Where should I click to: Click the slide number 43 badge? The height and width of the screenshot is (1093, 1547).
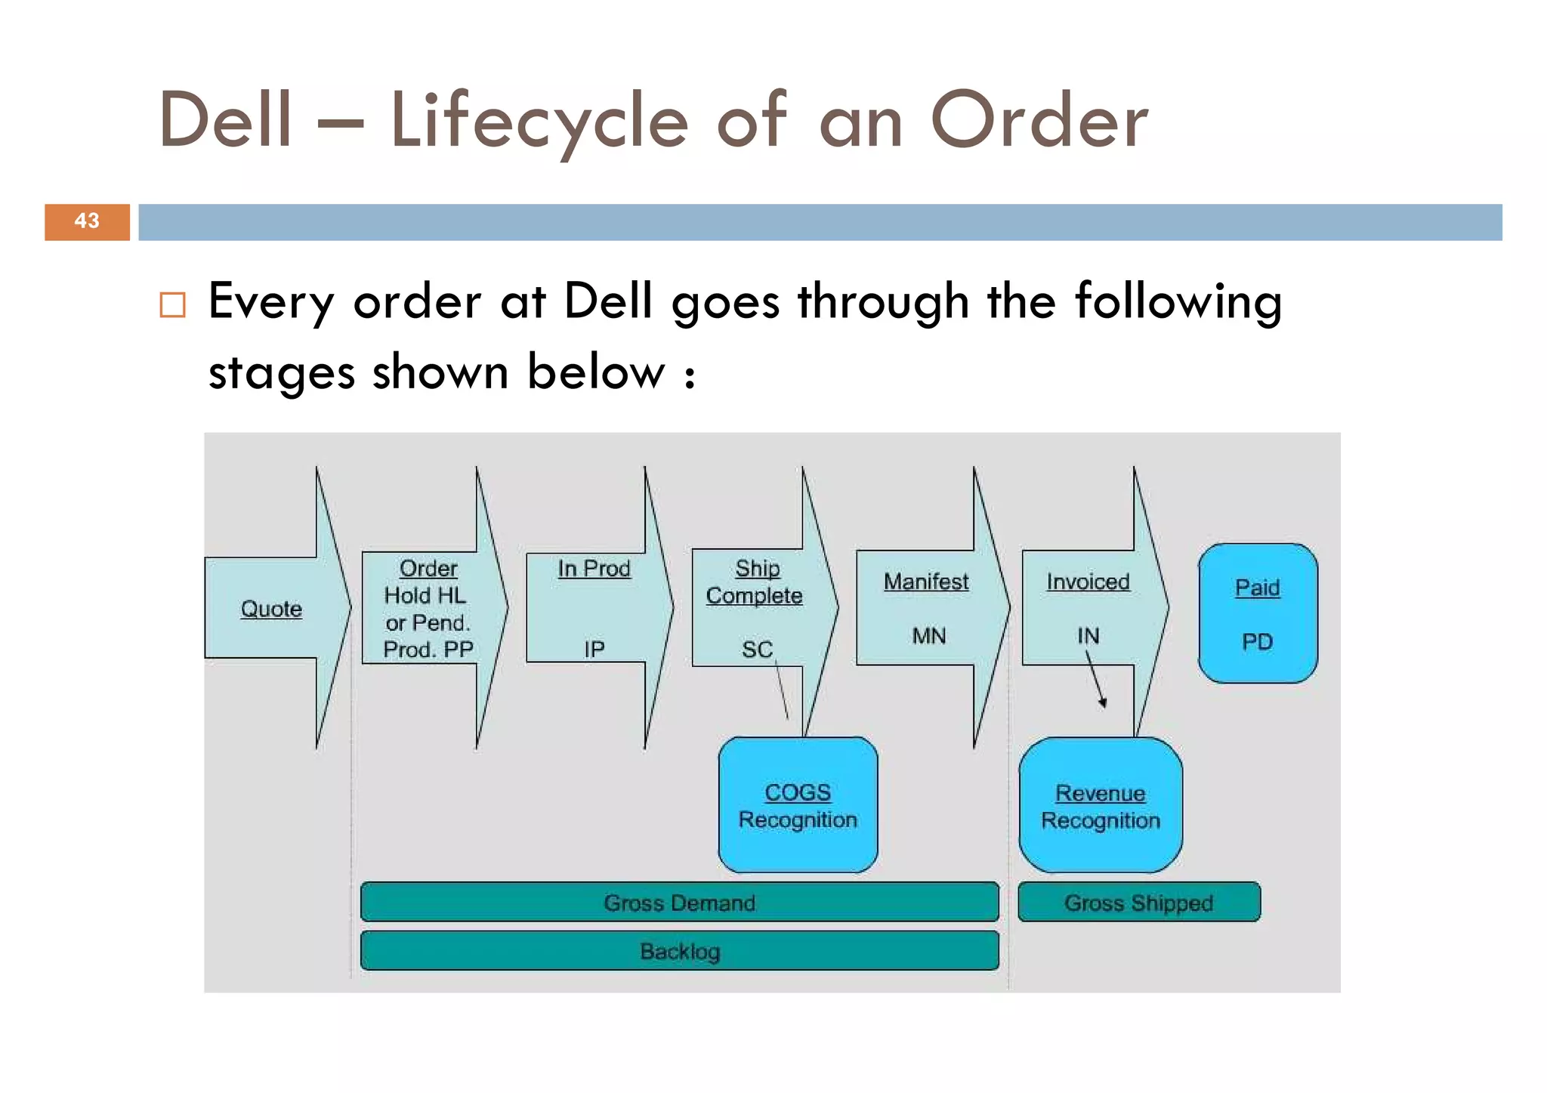(x=87, y=221)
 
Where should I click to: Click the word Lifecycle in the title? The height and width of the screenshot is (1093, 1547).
(x=539, y=121)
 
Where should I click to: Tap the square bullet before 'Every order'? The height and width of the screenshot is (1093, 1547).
(x=172, y=304)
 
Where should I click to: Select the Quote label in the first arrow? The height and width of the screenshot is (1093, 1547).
(x=271, y=609)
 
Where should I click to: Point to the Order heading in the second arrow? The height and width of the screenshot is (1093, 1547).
(x=428, y=568)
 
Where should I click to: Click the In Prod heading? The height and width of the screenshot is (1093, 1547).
(x=594, y=568)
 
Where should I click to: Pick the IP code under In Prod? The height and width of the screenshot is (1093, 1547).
(x=594, y=649)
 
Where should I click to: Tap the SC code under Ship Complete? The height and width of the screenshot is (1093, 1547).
(x=757, y=650)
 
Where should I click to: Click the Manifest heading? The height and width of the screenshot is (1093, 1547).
(x=926, y=582)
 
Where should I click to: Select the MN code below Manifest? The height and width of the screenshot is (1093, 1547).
(x=928, y=636)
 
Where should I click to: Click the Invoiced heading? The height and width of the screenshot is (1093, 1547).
(x=1088, y=582)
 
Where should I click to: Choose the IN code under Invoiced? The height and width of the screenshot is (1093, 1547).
(x=1088, y=636)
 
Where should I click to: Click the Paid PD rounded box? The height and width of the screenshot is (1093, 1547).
(x=1258, y=613)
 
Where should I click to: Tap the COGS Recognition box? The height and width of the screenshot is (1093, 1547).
(x=798, y=805)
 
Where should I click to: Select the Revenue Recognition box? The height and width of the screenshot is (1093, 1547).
(x=1101, y=806)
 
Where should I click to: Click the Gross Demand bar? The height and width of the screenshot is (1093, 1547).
(x=679, y=903)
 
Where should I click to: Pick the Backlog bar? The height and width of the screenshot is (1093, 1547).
(x=679, y=951)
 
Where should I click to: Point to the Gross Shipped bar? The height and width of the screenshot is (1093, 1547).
(x=1138, y=903)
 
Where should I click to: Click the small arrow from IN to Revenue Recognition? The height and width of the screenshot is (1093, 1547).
(x=1095, y=678)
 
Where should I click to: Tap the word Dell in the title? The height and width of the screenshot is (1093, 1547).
(x=225, y=121)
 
